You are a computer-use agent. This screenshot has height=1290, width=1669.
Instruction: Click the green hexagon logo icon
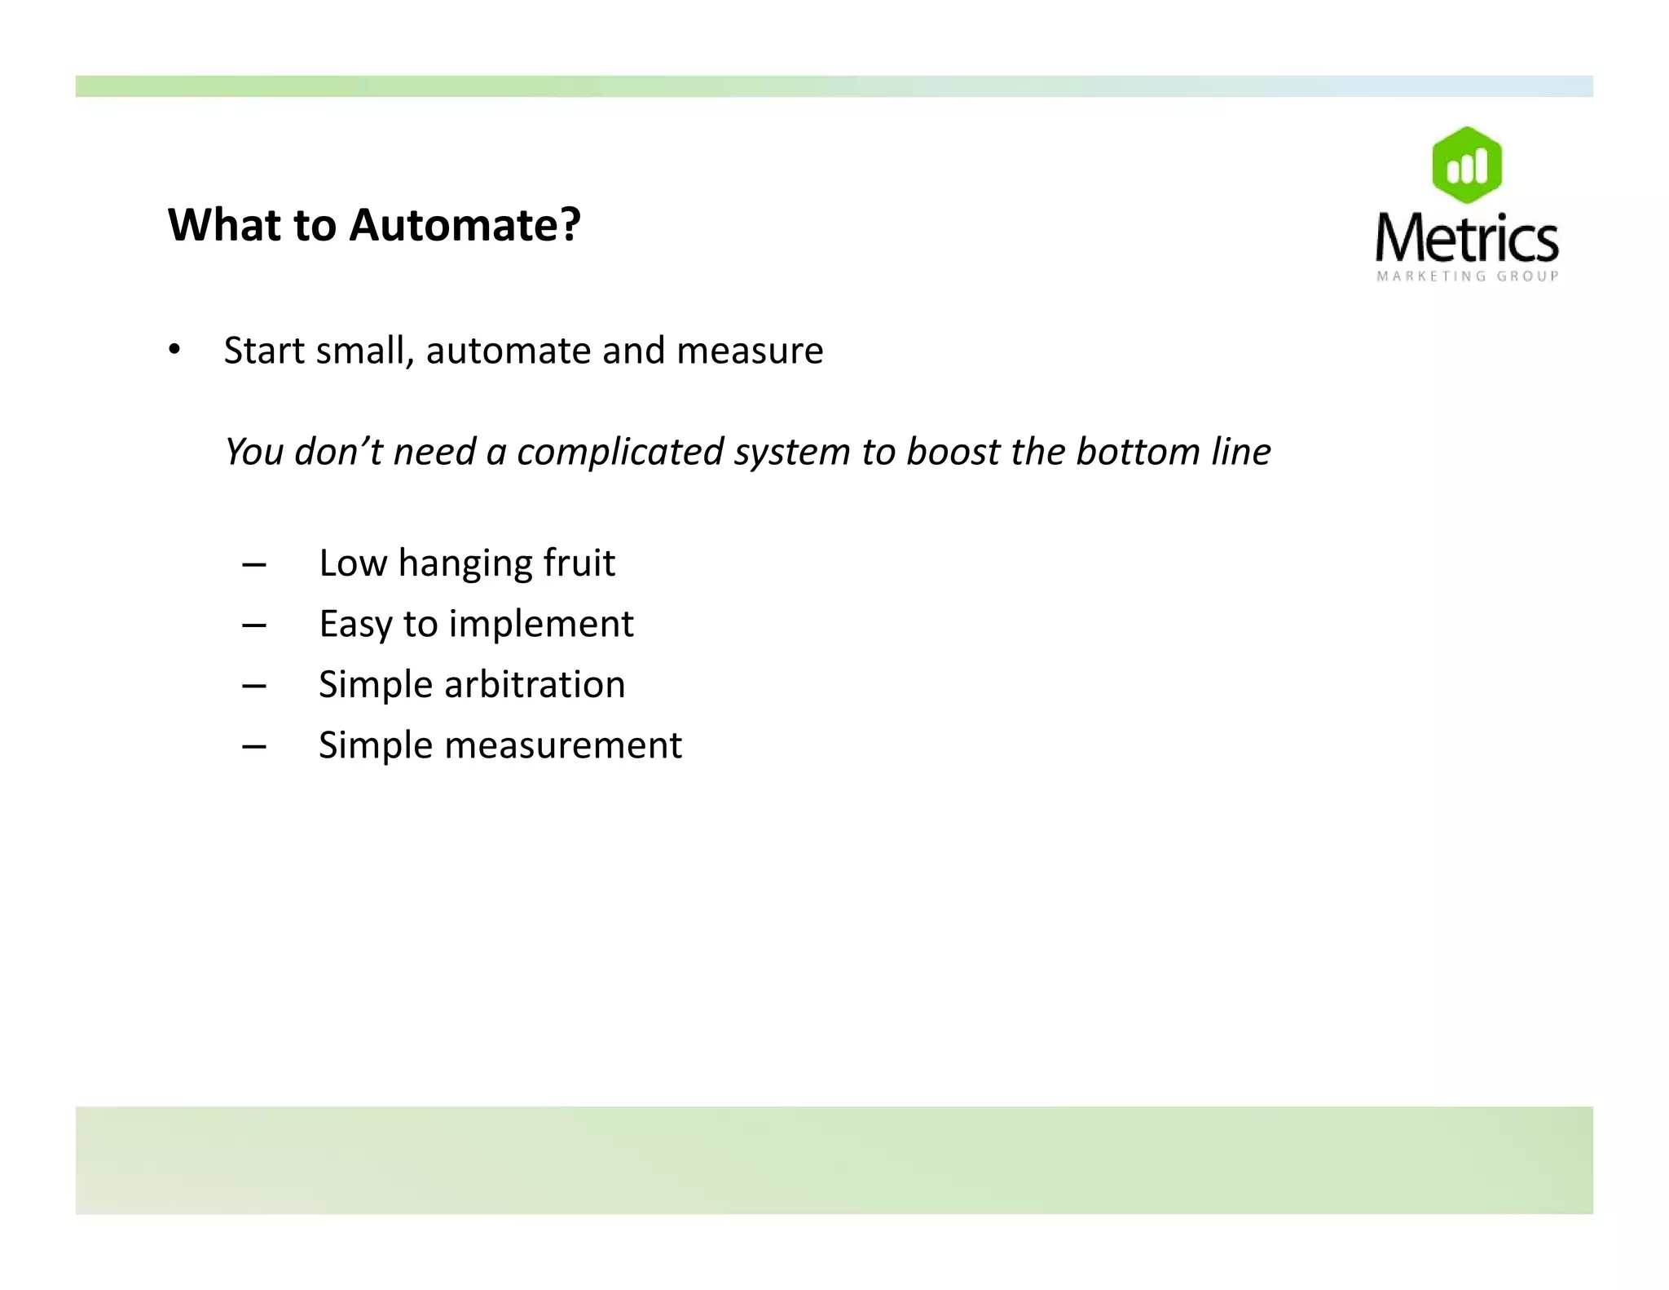coord(1466,166)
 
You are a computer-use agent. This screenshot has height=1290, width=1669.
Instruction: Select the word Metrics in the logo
coord(1466,238)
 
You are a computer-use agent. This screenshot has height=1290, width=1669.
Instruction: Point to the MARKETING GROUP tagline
coord(1467,276)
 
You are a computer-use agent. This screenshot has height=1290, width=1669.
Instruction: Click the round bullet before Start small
coord(174,351)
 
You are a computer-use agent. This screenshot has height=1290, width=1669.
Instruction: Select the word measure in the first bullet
coord(750,351)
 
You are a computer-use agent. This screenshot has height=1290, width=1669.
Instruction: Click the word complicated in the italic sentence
coord(619,452)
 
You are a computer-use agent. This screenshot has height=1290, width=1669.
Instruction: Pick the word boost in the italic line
coord(953,452)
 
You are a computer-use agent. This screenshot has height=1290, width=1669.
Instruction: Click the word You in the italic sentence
coord(253,452)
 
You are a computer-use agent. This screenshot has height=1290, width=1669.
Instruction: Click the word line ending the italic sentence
coord(1240,452)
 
